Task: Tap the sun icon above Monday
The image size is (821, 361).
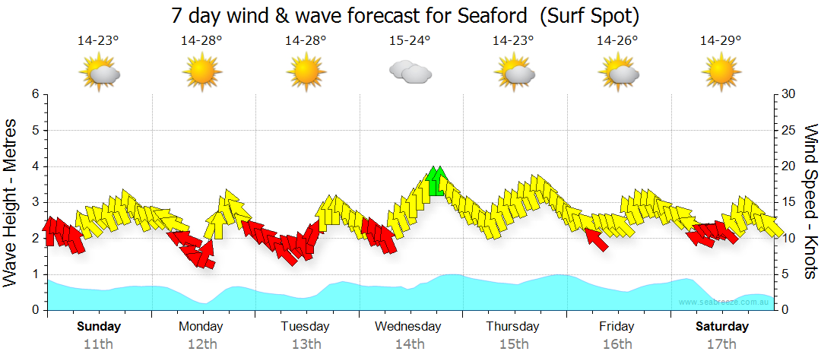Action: pyautogui.click(x=201, y=74)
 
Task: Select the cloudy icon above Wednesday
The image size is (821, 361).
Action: pyautogui.click(x=410, y=73)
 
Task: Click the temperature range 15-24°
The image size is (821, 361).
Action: pyautogui.click(x=410, y=40)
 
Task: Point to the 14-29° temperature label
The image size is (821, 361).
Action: pyautogui.click(x=721, y=40)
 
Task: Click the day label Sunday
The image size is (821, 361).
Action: pyautogui.click(x=98, y=327)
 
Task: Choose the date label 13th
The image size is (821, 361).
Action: pyautogui.click(x=306, y=344)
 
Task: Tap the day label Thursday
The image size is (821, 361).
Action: pyautogui.click(x=512, y=327)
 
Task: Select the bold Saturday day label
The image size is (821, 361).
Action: pyautogui.click(x=722, y=327)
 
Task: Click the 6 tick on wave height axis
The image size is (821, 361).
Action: pyautogui.click(x=35, y=94)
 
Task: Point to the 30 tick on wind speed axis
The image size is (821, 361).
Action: pyautogui.click(x=789, y=94)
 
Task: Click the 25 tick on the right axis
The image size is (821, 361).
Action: pyautogui.click(x=789, y=131)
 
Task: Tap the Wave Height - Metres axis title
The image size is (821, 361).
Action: pyautogui.click(x=12, y=202)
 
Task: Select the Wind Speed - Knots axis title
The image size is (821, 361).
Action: pyautogui.click(x=810, y=202)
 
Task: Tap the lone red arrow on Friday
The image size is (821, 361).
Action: pyautogui.click(x=598, y=239)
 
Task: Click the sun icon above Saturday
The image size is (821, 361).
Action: pyautogui.click(x=721, y=74)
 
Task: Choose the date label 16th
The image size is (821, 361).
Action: pyautogui.click(x=617, y=344)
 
